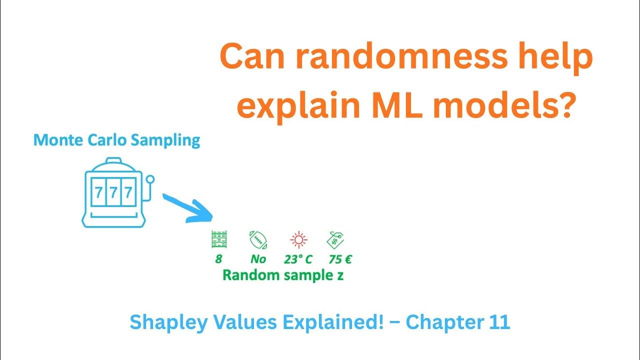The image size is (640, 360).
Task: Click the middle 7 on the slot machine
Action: coord(113,192)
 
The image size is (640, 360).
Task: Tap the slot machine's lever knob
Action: coord(150,178)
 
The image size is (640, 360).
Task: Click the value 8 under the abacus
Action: coord(218,259)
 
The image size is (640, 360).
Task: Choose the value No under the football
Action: coord(258,259)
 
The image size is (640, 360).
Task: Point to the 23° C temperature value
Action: coord(298,259)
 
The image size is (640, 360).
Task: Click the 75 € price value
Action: coord(339,259)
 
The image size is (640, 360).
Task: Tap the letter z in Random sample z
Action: coord(339,275)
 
